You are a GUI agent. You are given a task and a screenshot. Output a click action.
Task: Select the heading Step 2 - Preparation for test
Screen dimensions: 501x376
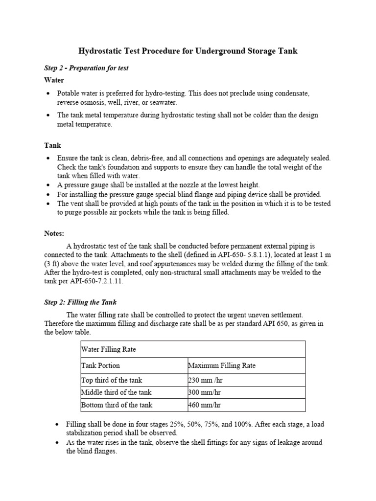[x=86, y=68]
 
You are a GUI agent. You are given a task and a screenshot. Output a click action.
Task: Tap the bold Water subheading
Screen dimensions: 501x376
[x=54, y=80]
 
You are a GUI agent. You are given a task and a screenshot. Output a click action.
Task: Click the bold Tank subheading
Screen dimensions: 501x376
[x=52, y=145]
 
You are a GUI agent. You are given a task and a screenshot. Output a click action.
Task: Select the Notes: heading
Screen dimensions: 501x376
[x=54, y=234]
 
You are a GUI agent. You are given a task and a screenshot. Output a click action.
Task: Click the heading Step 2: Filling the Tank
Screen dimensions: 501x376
[x=80, y=302]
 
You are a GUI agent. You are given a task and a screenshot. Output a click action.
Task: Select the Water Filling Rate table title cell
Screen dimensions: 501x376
[x=108, y=350]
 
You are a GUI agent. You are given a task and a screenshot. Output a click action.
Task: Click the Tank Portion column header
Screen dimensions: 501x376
[x=100, y=365]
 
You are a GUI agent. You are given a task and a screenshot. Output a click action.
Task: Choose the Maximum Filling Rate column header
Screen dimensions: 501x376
[x=222, y=365]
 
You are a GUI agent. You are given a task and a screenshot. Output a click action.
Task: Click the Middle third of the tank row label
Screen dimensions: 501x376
[x=116, y=392]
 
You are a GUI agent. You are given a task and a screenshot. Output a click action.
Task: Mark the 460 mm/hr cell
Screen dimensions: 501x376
[x=204, y=405]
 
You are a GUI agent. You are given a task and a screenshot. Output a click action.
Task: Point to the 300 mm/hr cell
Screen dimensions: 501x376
[x=204, y=392]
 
